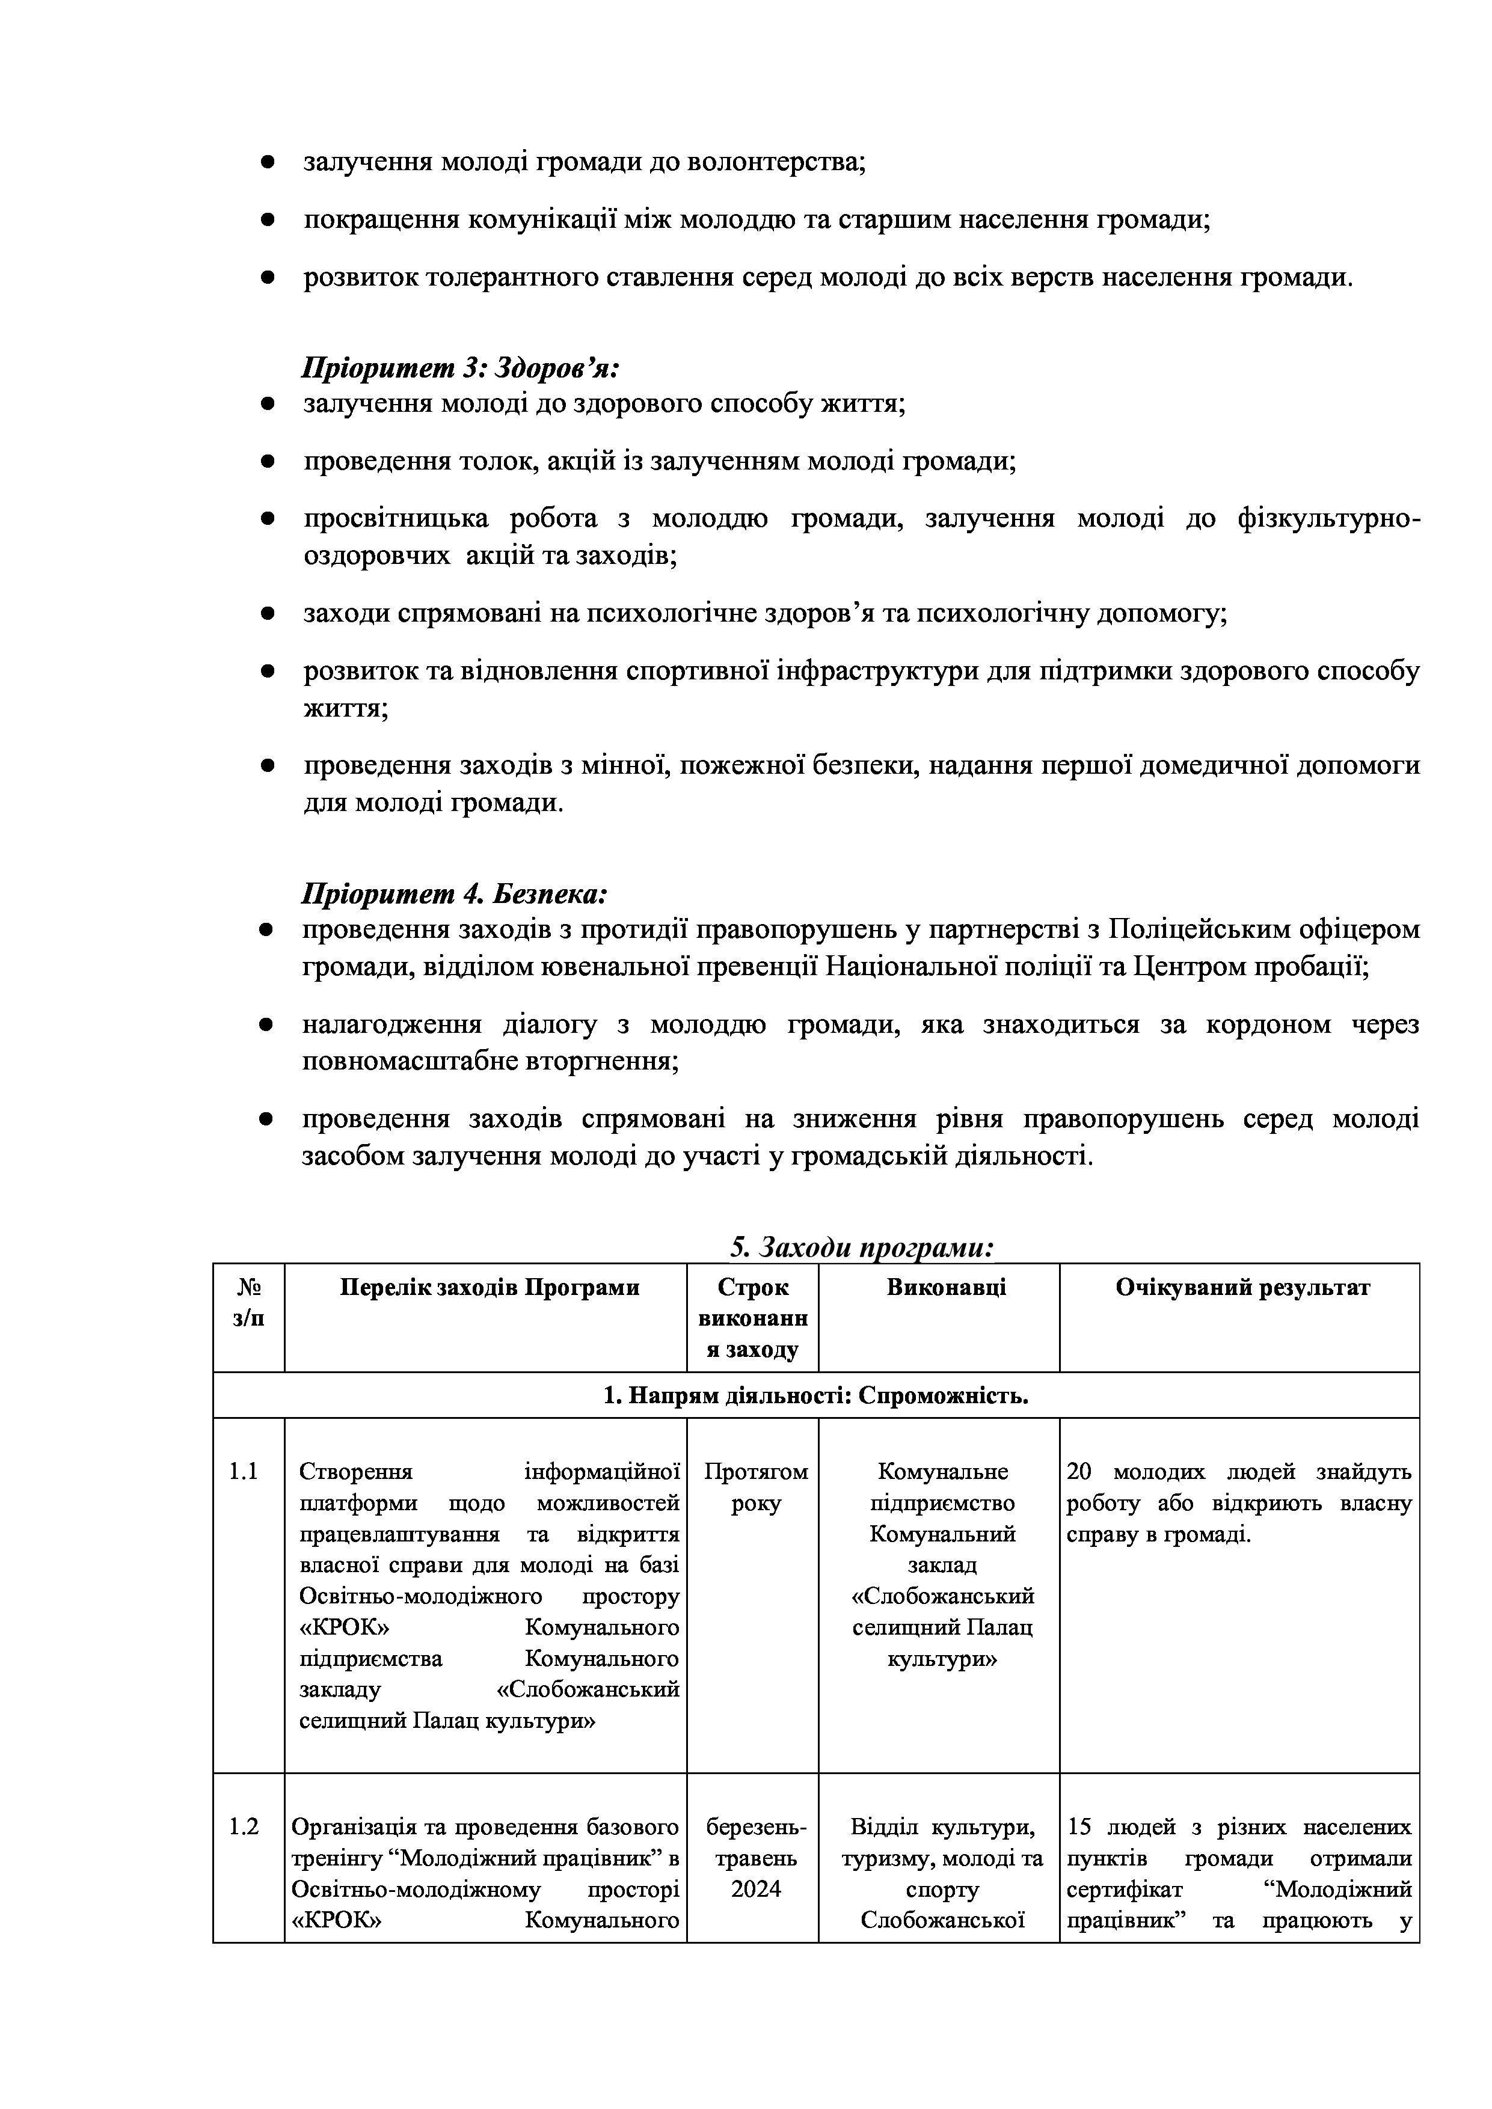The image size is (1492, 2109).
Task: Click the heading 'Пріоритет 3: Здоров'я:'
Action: click(461, 369)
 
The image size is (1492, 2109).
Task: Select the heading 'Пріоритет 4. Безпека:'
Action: click(455, 894)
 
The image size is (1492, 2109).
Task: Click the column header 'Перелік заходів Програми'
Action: click(489, 1288)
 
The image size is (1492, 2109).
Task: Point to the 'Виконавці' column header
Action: click(947, 1288)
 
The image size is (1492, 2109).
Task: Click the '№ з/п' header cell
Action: click(248, 1303)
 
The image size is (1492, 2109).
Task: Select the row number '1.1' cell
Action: click(244, 1472)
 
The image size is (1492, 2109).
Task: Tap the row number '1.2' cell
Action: click(244, 1827)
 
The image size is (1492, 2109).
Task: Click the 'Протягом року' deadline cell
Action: click(755, 1487)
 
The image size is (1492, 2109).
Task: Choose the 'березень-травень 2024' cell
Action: click(755, 1858)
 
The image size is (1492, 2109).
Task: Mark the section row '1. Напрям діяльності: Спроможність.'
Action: click(816, 1396)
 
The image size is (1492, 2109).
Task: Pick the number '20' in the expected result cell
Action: click(1079, 1472)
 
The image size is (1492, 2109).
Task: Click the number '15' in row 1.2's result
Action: click(1079, 1827)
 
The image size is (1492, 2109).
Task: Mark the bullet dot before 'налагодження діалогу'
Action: click(268, 1025)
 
